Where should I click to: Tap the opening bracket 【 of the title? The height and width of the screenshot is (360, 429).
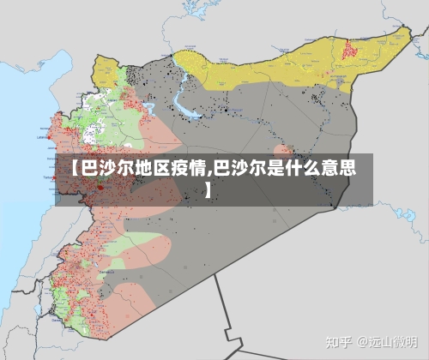[x=75, y=167]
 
